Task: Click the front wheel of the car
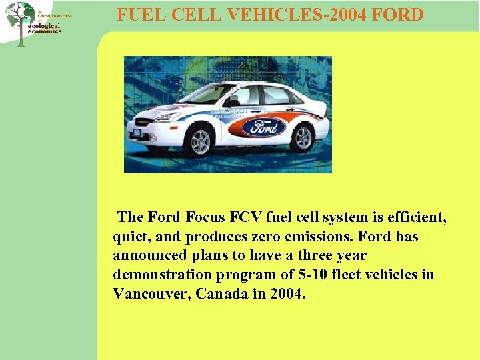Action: (199, 141)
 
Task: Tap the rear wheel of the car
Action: (303, 137)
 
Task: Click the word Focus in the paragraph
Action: (207, 217)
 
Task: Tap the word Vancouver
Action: (151, 294)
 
